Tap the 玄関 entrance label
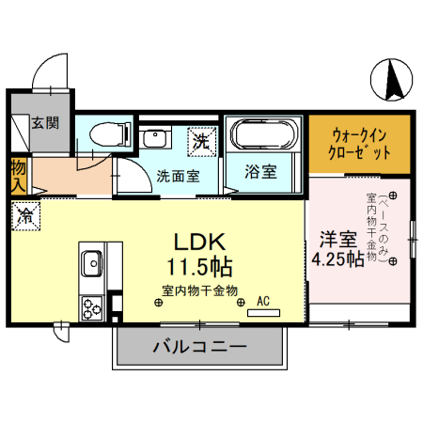(x=44, y=122)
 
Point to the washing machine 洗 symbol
(x=201, y=141)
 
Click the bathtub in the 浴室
(x=263, y=135)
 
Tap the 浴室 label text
(x=261, y=172)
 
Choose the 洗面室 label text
(x=174, y=174)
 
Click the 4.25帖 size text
(x=337, y=259)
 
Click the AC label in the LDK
(x=263, y=301)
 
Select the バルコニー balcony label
(x=199, y=347)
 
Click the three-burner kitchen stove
(x=92, y=306)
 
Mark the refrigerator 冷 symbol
(x=25, y=215)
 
